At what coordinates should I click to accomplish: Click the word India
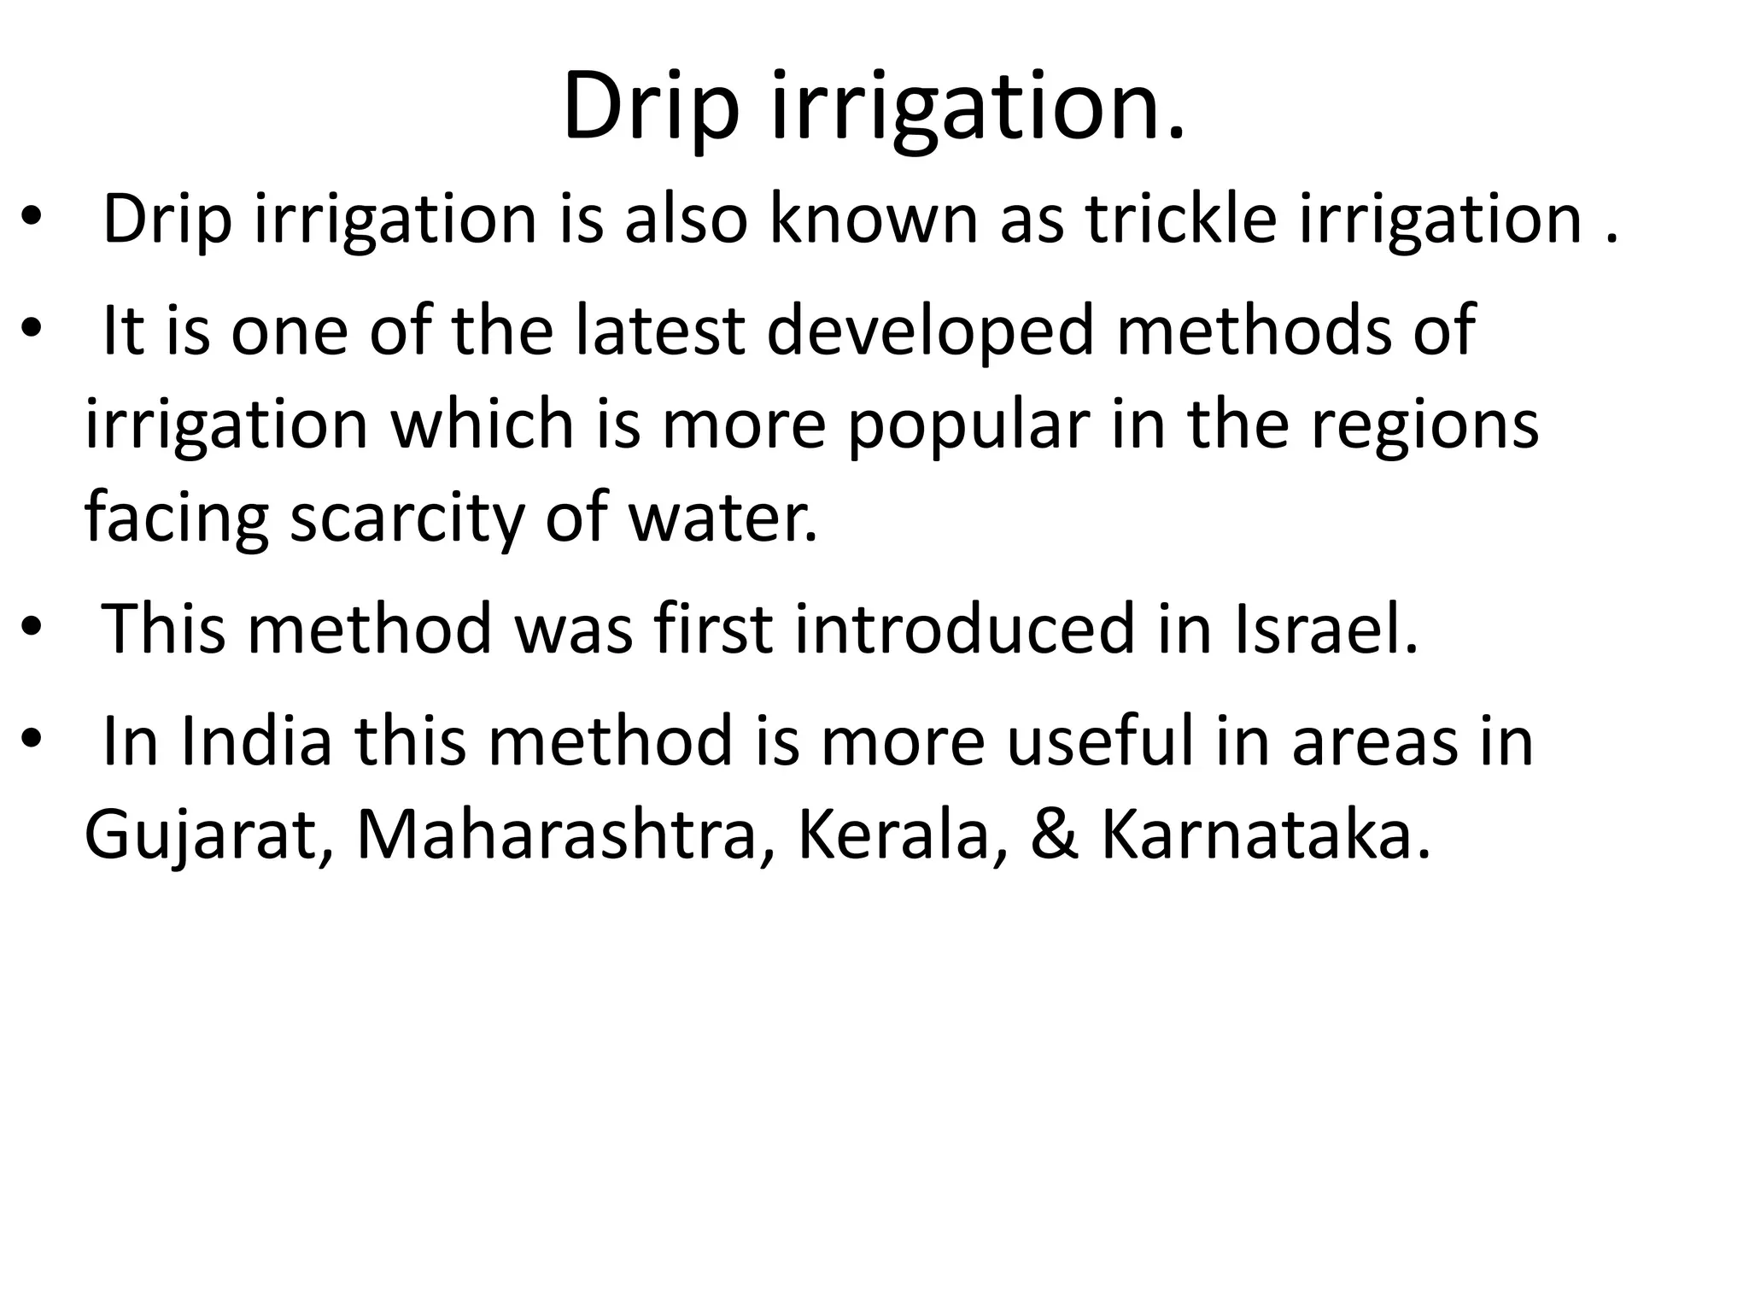point(256,740)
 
